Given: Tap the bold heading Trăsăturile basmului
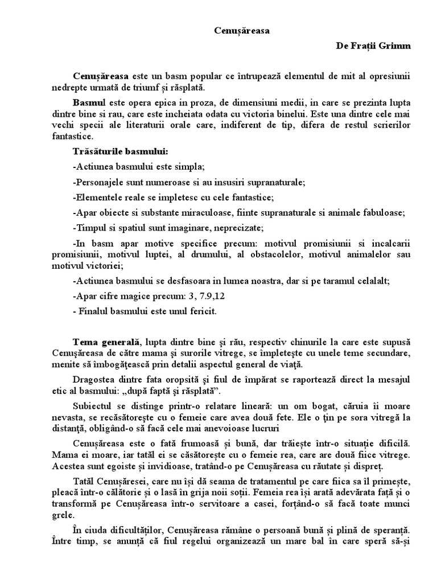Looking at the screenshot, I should point(121,152).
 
